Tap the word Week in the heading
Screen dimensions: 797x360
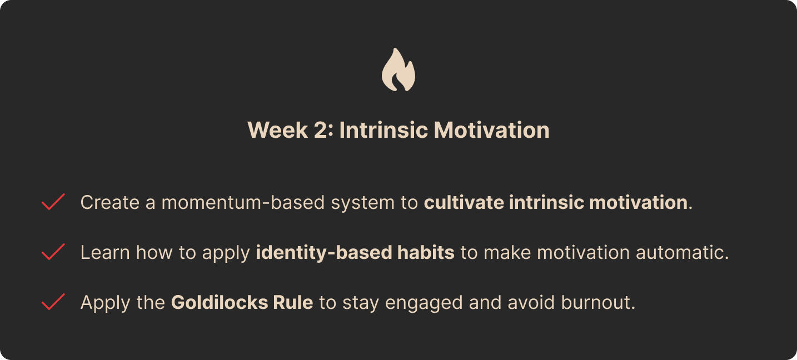(277, 130)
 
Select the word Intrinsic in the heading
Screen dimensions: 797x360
(383, 130)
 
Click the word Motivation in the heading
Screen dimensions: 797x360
(492, 130)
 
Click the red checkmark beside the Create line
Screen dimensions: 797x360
(53, 202)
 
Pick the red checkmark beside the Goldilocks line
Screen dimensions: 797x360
(53, 302)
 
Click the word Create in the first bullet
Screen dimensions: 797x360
(110, 202)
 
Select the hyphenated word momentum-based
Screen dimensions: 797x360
(243, 202)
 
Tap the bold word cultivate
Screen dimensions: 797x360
(464, 202)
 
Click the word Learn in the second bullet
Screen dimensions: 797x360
(105, 253)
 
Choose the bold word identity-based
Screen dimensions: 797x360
(323, 253)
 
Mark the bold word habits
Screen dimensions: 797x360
(426, 252)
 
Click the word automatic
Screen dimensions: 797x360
(680, 253)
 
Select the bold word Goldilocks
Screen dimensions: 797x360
(220, 302)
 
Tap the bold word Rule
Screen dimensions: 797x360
(293, 302)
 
